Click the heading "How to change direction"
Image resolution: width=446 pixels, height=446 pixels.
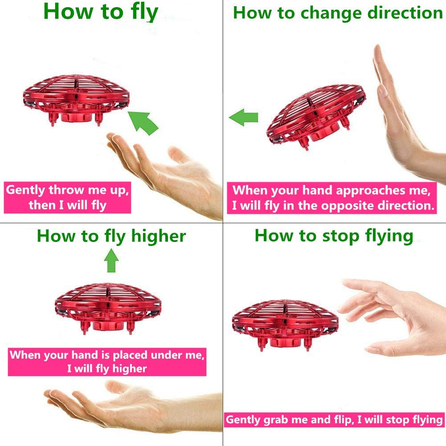click(x=337, y=13)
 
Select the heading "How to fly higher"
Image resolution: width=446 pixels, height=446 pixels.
click(x=111, y=236)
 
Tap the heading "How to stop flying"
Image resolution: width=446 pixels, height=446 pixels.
click(x=334, y=235)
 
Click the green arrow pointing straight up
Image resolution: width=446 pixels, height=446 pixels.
click(x=111, y=261)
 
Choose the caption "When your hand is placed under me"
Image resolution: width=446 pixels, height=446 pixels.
click(x=107, y=362)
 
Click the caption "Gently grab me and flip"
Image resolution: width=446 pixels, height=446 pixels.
click(x=334, y=419)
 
